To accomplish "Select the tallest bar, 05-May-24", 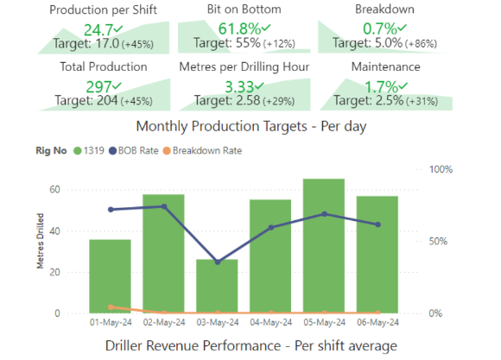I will (324, 246).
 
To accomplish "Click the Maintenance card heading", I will (386, 66).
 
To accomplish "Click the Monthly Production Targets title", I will (250, 126).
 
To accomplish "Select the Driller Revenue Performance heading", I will (250, 346).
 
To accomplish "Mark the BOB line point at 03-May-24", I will (217, 262).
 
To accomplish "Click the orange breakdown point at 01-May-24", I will (110, 306).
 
